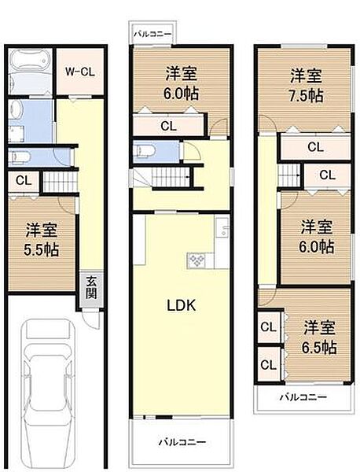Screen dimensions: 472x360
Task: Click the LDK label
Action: (x=182, y=304)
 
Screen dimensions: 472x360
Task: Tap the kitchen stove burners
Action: (x=195, y=260)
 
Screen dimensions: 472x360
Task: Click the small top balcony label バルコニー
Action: (x=150, y=34)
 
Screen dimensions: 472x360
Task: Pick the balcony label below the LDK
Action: (x=182, y=442)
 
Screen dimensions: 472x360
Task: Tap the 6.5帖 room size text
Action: (x=320, y=347)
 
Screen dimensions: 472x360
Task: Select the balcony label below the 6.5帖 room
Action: (x=303, y=398)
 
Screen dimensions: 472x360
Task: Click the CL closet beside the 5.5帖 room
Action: (x=24, y=180)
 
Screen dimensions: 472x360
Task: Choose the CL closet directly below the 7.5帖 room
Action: (x=314, y=146)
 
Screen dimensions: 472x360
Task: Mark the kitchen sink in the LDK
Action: (x=223, y=231)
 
